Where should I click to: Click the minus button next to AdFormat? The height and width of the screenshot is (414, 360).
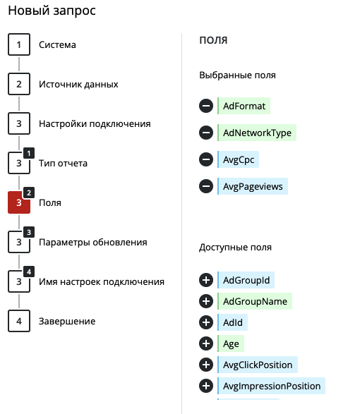(x=206, y=106)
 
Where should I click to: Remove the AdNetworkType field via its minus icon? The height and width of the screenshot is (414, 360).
(x=206, y=133)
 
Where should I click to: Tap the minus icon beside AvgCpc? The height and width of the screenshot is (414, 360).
(x=206, y=159)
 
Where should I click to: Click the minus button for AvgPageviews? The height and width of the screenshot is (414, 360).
(x=206, y=186)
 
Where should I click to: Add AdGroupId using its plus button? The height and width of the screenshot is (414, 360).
(x=206, y=280)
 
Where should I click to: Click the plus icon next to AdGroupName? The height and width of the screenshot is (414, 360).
(x=206, y=301)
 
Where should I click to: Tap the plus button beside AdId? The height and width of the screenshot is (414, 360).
(x=206, y=322)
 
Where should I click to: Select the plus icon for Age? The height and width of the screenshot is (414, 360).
(x=206, y=343)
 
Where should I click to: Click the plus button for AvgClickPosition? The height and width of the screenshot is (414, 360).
(x=206, y=365)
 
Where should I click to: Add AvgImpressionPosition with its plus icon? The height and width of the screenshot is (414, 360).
(x=206, y=386)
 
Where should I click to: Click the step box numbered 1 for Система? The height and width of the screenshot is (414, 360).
(x=19, y=44)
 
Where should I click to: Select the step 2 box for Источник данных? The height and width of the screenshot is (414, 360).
(x=19, y=84)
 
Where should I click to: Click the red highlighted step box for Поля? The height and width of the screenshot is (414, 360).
(x=19, y=202)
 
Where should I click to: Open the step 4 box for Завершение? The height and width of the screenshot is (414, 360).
(x=19, y=321)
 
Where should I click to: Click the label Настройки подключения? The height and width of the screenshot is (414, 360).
(x=95, y=124)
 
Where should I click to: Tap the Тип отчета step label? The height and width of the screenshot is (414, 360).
(x=63, y=163)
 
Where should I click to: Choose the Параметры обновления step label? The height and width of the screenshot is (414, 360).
(x=92, y=243)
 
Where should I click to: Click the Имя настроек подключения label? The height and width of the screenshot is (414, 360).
(x=102, y=281)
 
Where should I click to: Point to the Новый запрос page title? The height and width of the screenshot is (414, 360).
(x=52, y=11)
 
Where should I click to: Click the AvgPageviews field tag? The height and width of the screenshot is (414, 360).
(x=253, y=186)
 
